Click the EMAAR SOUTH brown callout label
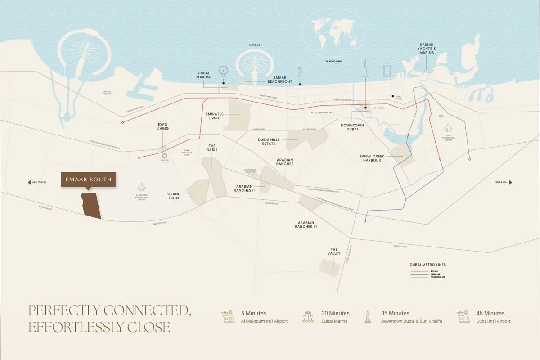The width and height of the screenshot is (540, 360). pos(88,180)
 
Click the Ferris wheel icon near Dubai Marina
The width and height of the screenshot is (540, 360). pos(223,72)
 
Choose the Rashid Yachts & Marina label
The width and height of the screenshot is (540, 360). pos(427,49)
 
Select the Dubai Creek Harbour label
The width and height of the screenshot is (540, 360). pos(370,158)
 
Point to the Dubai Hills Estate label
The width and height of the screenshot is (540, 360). pos(269,142)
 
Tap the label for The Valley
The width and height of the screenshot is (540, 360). pos(334,252)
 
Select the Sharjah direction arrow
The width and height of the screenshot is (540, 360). pos(510,182)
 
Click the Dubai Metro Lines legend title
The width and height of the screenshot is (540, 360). pos(427,265)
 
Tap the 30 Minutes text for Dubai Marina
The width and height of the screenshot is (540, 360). pos(335,313)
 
